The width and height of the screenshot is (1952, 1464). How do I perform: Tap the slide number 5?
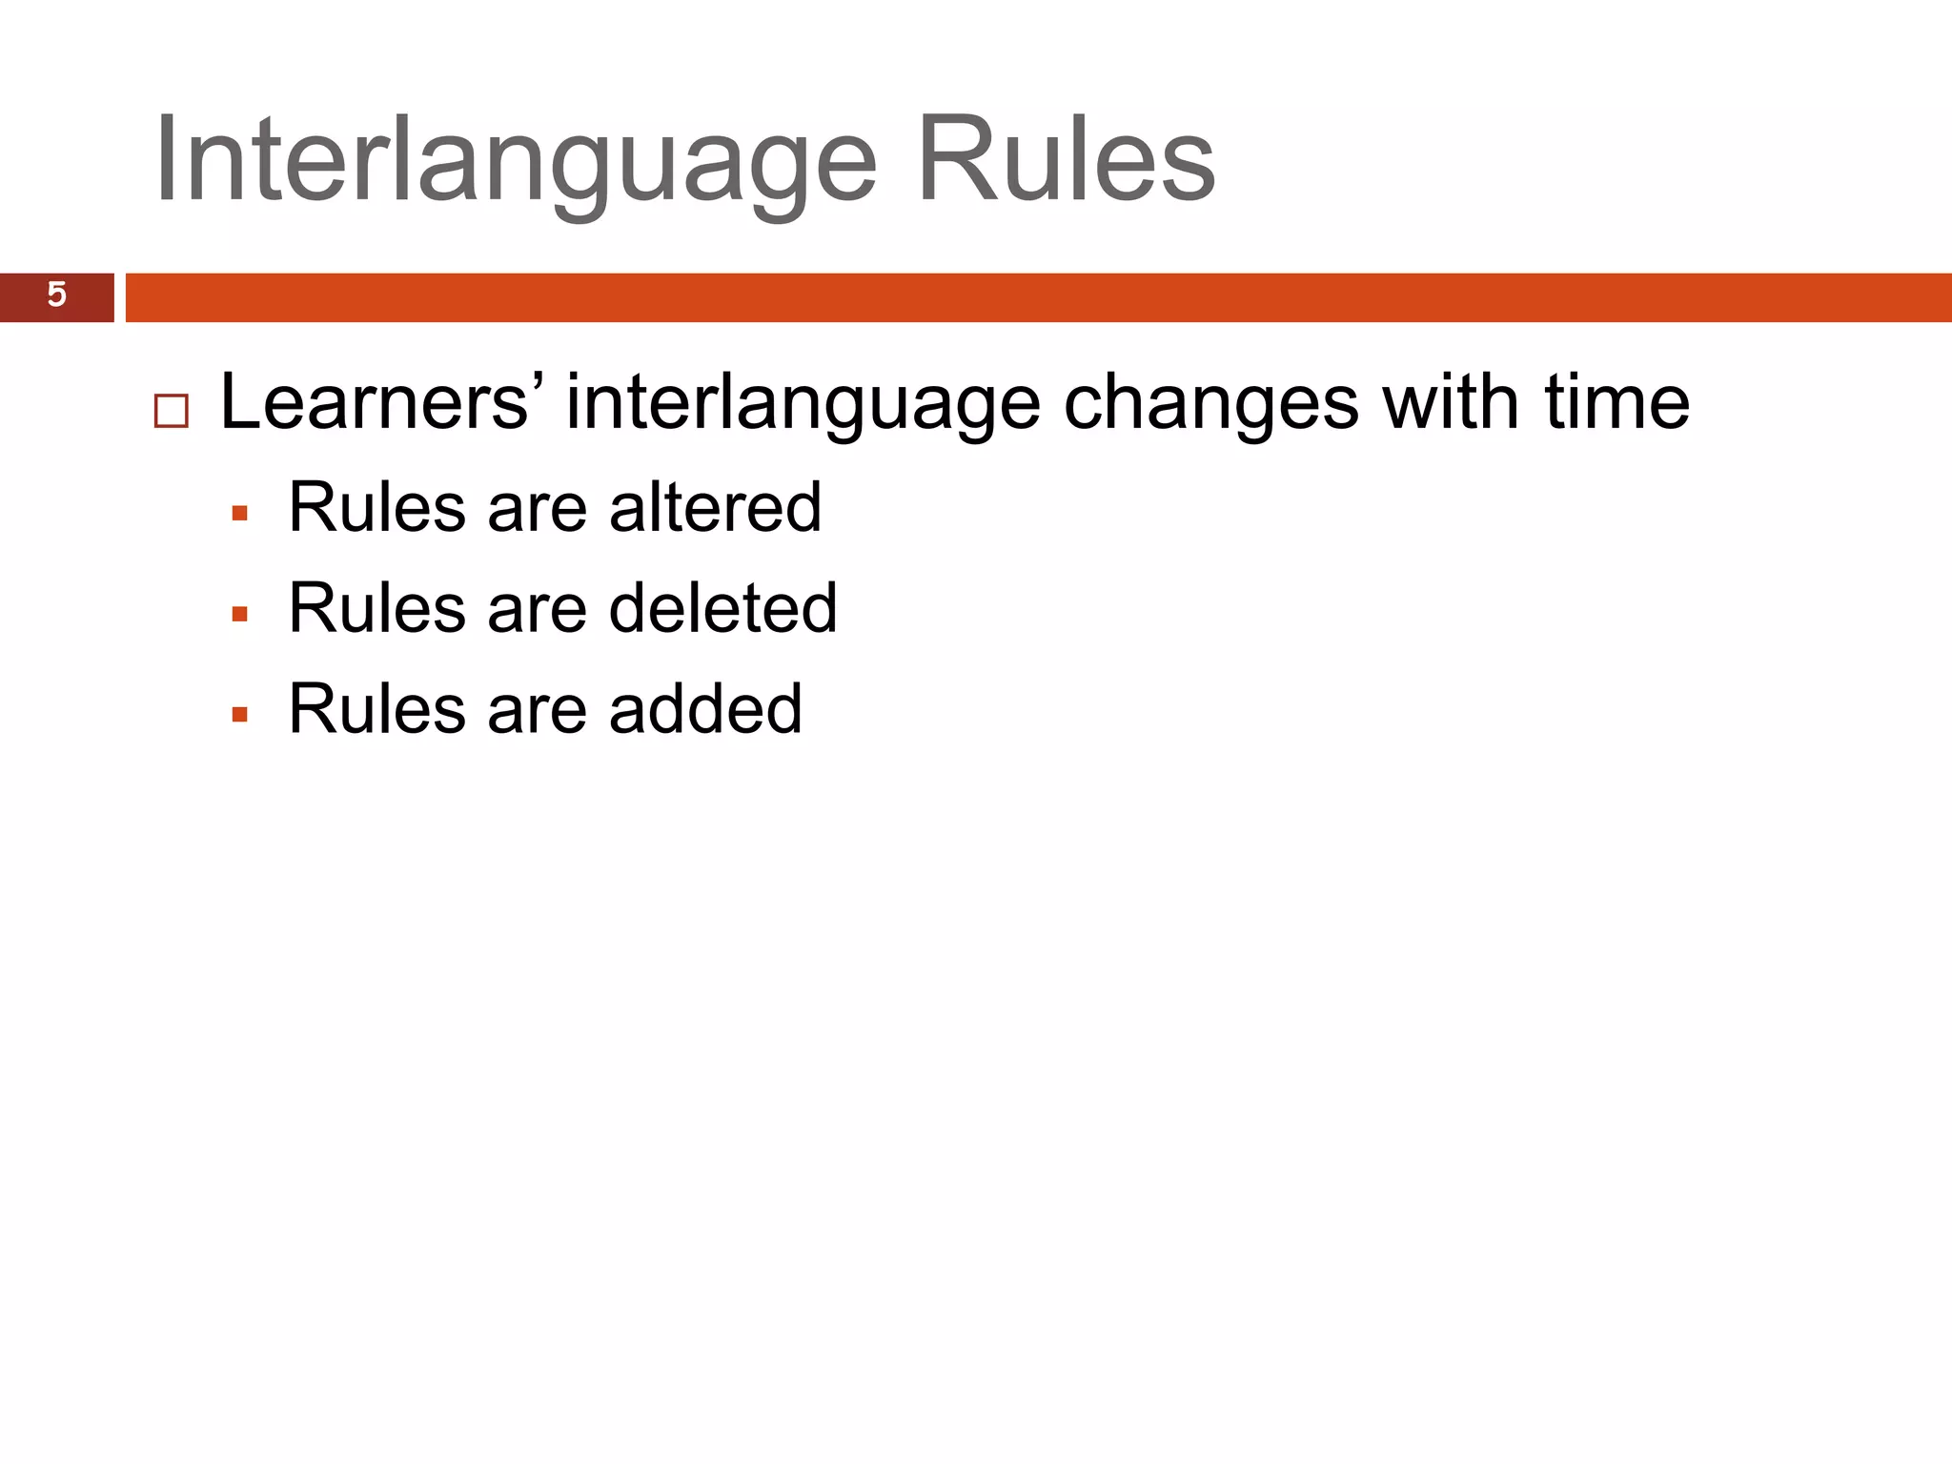tap(56, 295)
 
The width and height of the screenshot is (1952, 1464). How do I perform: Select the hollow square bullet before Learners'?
tap(172, 412)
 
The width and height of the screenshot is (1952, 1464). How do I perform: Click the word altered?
tap(715, 507)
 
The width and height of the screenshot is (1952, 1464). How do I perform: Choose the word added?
tap(705, 709)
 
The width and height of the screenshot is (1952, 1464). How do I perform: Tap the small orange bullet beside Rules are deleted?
tap(240, 615)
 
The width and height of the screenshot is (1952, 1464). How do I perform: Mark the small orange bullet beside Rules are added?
tap(240, 715)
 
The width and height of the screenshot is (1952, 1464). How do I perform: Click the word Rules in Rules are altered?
tap(376, 507)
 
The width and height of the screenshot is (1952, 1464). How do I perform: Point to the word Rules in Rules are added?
tap(376, 709)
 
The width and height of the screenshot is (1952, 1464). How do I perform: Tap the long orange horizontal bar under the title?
tap(1039, 297)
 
